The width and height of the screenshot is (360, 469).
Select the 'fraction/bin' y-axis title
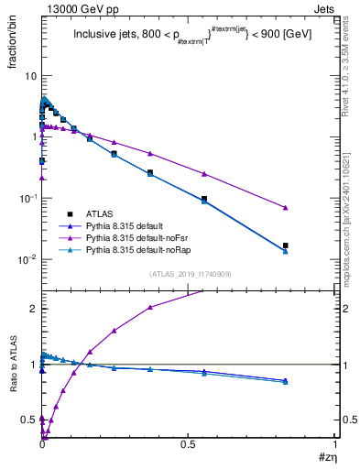point(20,38)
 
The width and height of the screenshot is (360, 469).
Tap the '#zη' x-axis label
point(327,456)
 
